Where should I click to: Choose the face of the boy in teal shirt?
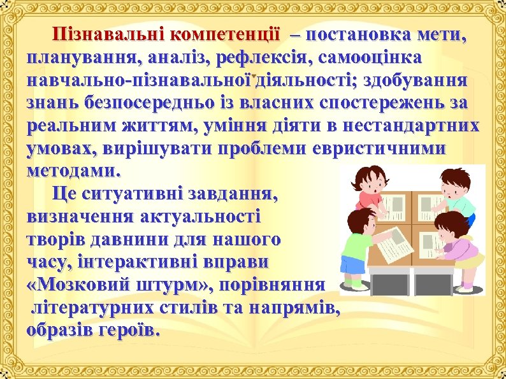452,185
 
